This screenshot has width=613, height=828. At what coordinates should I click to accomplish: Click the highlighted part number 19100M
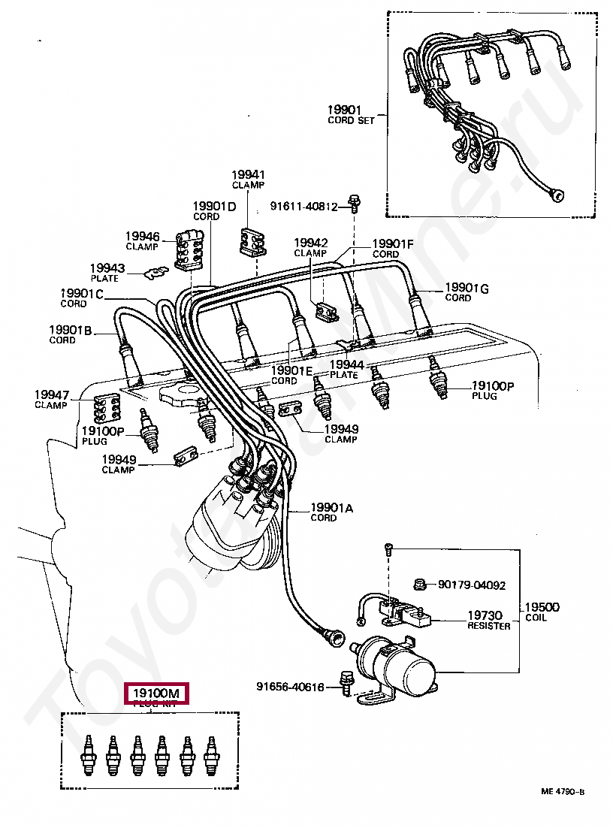[x=157, y=693]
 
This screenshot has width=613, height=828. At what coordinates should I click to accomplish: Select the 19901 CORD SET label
[x=349, y=114]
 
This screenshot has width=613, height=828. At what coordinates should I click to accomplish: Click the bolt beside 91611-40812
[x=354, y=201]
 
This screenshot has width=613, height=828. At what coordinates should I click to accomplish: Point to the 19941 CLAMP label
[x=249, y=180]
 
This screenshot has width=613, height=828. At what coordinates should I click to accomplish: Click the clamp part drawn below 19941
[x=251, y=240]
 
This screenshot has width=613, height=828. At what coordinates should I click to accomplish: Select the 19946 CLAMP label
[x=142, y=240]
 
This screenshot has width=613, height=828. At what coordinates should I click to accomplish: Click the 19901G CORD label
[x=467, y=292]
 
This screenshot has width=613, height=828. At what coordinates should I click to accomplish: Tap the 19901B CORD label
[x=71, y=334]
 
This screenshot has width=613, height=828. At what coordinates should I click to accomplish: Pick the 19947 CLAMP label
[x=51, y=399]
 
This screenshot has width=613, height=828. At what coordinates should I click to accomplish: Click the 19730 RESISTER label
[x=488, y=620]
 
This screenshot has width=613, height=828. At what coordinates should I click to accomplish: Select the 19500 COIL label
[x=542, y=612]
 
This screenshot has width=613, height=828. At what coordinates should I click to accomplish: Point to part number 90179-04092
[x=472, y=585]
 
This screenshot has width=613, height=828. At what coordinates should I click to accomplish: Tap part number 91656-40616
[x=290, y=686]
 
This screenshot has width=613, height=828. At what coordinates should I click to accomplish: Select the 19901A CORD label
[x=331, y=512]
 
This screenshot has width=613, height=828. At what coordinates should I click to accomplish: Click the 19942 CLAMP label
[x=310, y=247]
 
